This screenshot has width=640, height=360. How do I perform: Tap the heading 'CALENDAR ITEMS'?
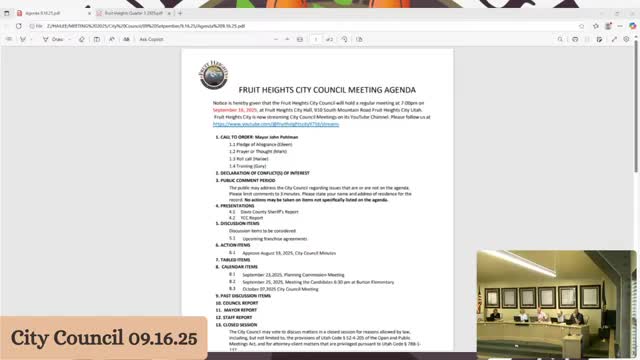click(242, 267)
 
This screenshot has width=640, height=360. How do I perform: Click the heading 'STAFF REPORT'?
click(239, 316)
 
